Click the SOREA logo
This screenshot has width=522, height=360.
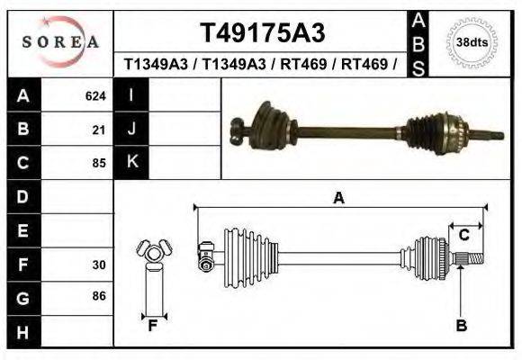(x=60, y=41)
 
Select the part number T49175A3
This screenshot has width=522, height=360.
(x=261, y=34)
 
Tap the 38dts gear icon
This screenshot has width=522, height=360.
(x=472, y=42)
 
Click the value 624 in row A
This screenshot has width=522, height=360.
(x=95, y=95)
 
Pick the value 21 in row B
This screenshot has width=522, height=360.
(x=99, y=129)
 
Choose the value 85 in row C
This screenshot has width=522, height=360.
(x=99, y=163)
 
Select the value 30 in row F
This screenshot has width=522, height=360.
(x=99, y=265)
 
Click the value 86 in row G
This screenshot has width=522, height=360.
(x=99, y=295)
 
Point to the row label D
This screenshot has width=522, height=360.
(x=22, y=196)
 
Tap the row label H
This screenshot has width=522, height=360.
(x=22, y=333)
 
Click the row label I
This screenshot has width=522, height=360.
(x=131, y=94)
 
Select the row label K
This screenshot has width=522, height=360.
(x=131, y=162)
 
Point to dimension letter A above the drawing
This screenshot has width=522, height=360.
(x=338, y=198)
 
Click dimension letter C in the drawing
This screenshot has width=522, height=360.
(x=463, y=235)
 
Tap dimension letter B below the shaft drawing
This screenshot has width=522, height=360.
(x=461, y=325)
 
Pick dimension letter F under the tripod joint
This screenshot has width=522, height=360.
(x=153, y=326)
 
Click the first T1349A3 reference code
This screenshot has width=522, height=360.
(x=157, y=64)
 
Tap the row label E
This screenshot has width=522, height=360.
(x=22, y=230)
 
